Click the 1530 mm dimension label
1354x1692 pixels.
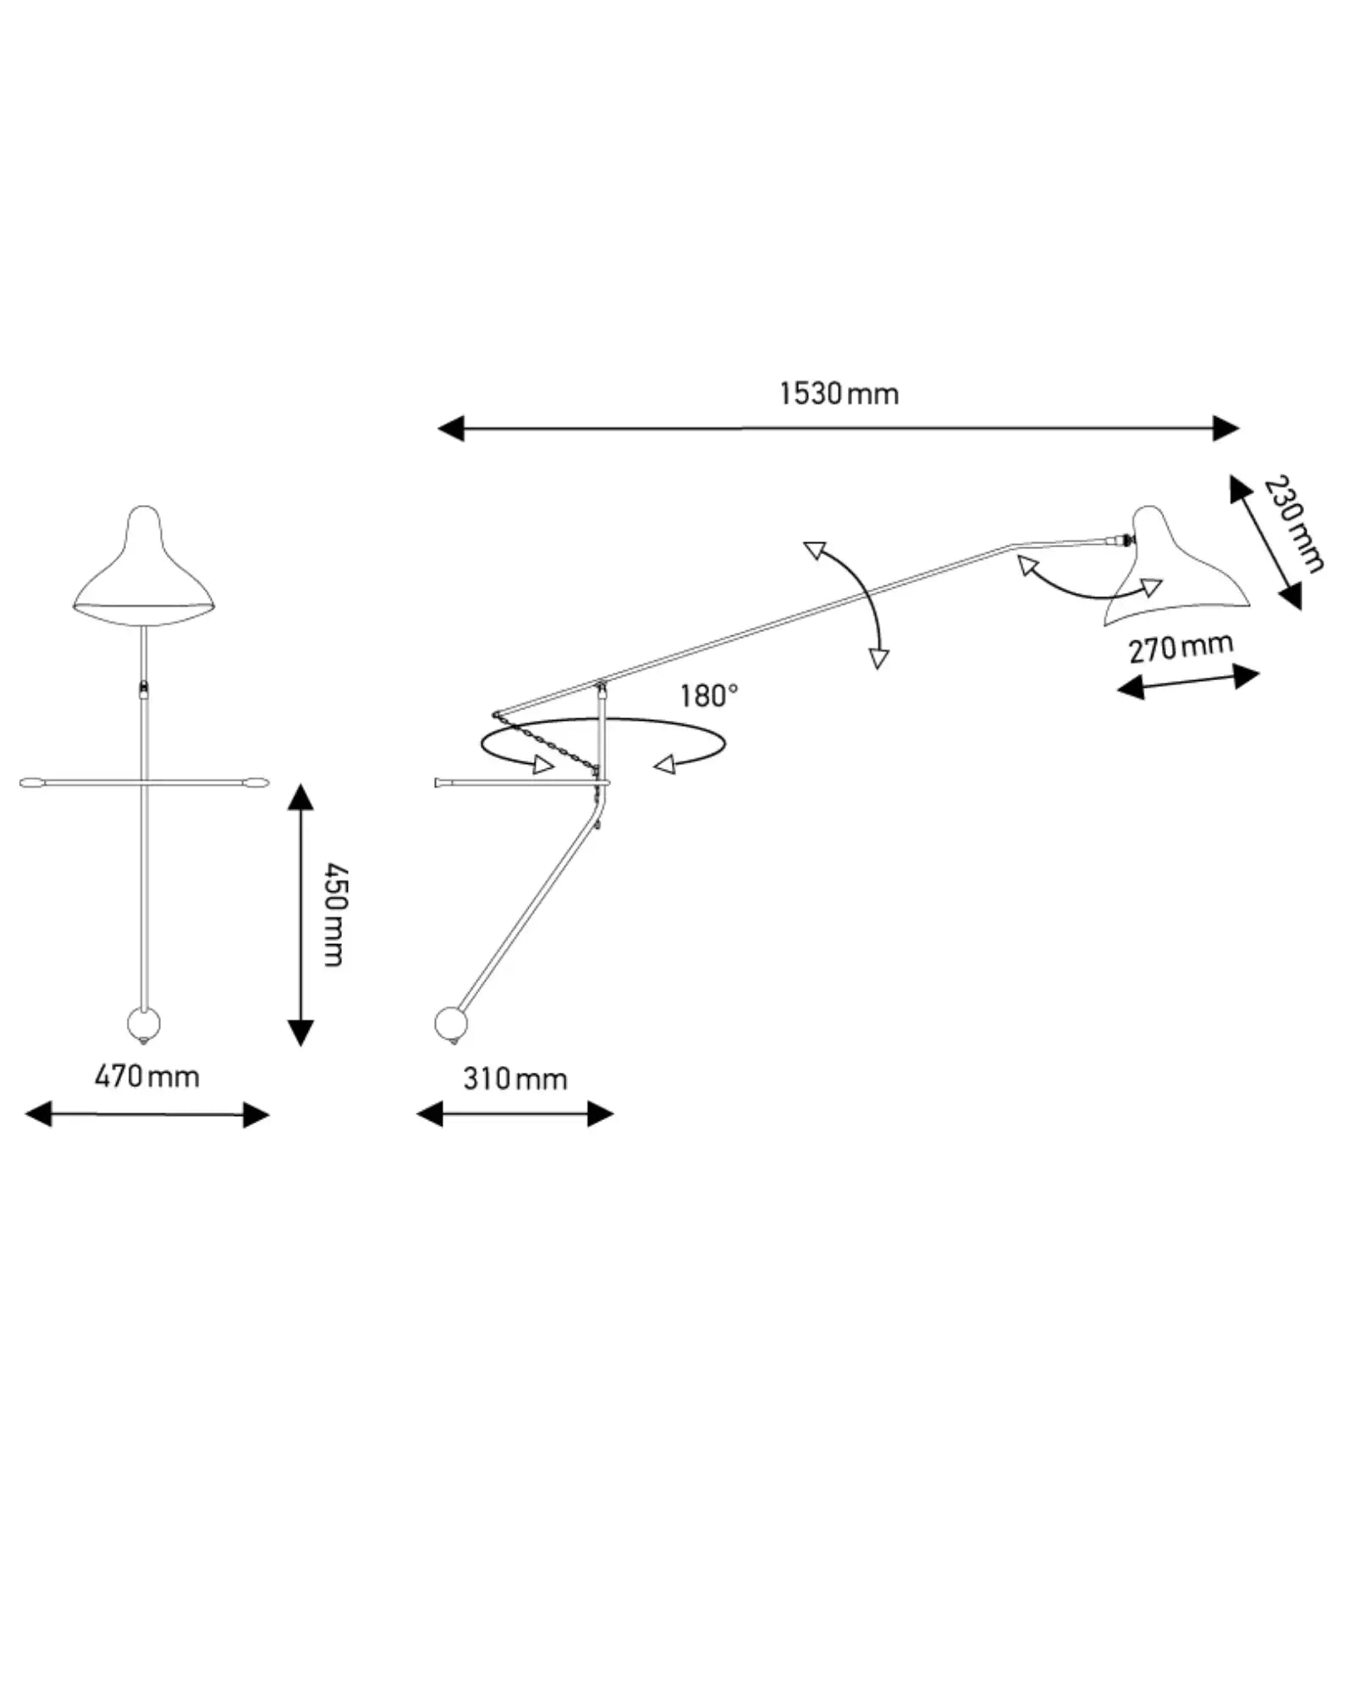click(x=839, y=394)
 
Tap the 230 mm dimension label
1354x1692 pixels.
click(x=1293, y=524)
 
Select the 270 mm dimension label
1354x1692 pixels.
click(x=1181, y=648)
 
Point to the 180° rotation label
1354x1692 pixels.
click(x=709, y=696)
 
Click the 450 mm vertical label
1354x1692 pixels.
click(x=335, y=915)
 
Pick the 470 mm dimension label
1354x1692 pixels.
click(x=147, y=1077)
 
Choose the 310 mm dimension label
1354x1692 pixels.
click(x=515, y=1079)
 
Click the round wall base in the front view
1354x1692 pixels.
click(x=144, y=1025)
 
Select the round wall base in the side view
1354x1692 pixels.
click(x=450, y=1024)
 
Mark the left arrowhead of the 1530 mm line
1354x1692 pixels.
click(x=449, y=429)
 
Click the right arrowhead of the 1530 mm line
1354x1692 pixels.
click(x=1226, y=429)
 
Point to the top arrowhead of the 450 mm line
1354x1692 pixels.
click(x=300, y=796)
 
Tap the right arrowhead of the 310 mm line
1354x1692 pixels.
click(x=601, y=1114)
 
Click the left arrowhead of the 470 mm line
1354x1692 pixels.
click(x=38, y=1114)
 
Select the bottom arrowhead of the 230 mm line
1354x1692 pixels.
click(x=1291, y=597)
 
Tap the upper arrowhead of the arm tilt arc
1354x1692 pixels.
click(x=815, y=551)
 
